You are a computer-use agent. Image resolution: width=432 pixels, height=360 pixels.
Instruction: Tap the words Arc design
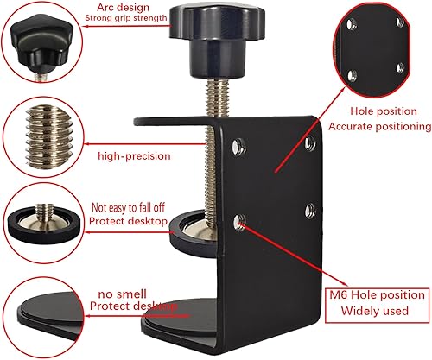[x=123, y=7]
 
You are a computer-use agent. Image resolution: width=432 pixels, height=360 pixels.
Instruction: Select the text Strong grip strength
[x=126, y=18]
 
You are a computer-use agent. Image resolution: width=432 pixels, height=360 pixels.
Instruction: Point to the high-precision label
[x=134, y=156]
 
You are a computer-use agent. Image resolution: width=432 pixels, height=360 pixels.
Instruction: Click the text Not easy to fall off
[x=128, y=207]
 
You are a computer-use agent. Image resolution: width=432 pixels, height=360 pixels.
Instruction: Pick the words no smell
[x=123, y=294]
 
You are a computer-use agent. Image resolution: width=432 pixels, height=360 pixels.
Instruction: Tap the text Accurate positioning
[x=380, y=127]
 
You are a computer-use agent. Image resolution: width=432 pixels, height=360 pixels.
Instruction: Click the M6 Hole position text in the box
[x=377, y=295]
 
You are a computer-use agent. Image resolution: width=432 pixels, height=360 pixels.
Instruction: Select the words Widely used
[x=375, y=311]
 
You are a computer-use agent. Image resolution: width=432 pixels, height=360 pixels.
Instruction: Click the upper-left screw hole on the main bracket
[x=238, y=147]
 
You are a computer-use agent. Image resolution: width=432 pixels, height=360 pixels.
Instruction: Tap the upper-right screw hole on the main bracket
[x=310, y=143]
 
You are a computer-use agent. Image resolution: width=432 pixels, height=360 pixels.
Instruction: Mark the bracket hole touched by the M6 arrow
[x=239, y=223]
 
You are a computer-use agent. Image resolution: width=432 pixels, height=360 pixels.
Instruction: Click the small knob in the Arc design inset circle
[x=41, y=44]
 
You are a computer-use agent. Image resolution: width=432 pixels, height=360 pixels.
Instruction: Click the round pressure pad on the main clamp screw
[x=195, y=233]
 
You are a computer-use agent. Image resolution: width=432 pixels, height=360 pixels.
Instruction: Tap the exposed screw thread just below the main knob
[x=218, y=98]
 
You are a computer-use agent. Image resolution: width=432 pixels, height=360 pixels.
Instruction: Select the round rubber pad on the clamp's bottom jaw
[x=180, y=318]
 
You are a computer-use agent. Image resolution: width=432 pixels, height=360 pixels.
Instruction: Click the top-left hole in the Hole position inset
[x=351, y=24]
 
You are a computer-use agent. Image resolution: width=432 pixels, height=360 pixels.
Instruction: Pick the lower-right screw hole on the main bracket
[x=310, y=210]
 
